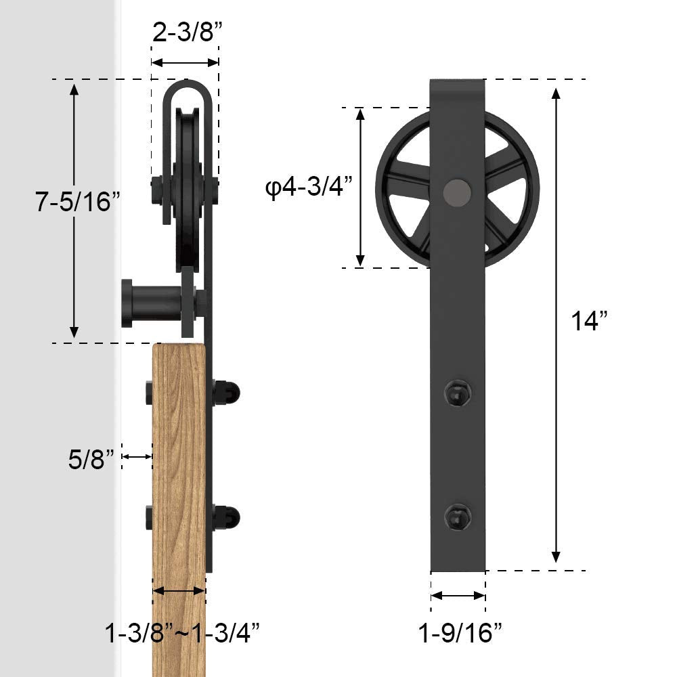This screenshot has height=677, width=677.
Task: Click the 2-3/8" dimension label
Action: point(185,33)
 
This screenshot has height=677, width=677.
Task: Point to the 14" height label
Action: point(587,321)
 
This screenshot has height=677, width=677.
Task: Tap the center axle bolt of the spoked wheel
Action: point(456,190)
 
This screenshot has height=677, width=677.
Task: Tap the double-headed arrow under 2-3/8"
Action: point(185,62)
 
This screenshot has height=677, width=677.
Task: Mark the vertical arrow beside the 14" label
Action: point(556,325)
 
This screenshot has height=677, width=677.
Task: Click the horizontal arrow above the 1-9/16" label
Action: point(458,596)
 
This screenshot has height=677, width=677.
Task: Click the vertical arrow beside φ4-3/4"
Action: point(362,188)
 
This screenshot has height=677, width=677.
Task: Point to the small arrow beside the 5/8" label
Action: point(137,458)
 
